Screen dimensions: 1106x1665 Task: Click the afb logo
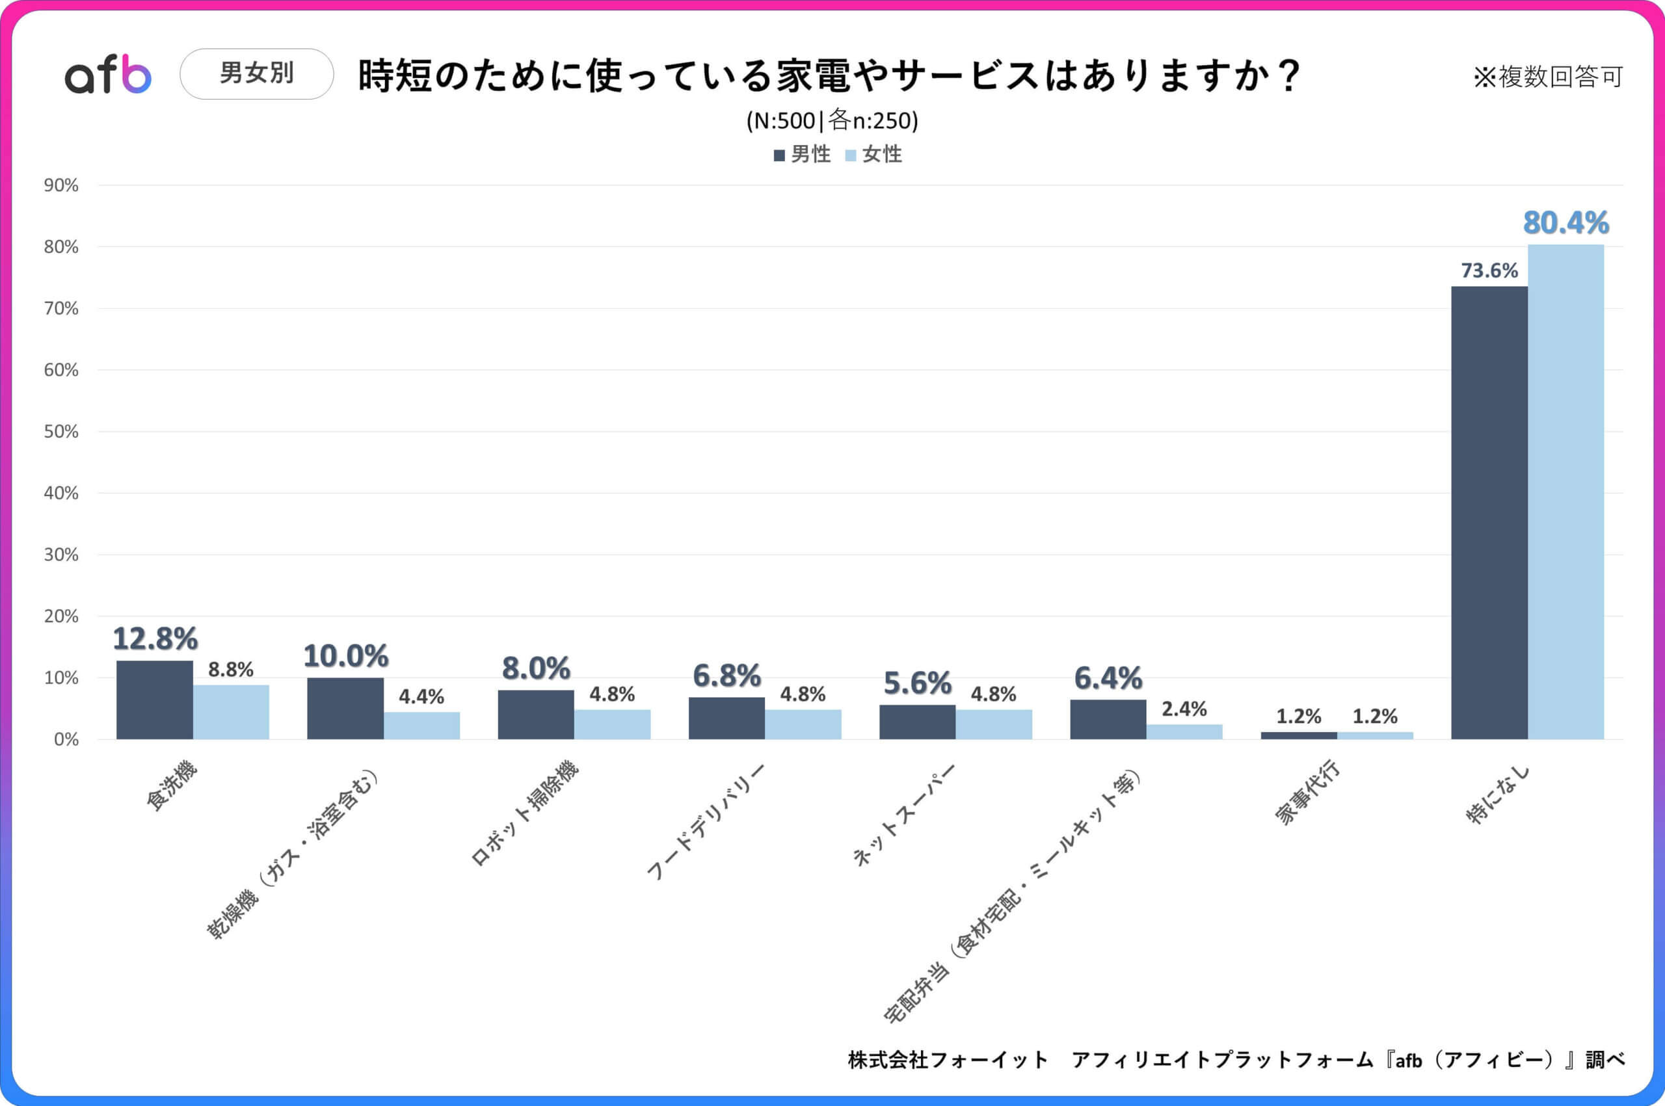coord(108,74)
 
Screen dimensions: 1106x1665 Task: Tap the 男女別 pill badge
coord(256,73)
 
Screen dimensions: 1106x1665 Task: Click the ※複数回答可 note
coord(1548,76)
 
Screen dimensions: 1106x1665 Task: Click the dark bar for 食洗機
coord(155,700)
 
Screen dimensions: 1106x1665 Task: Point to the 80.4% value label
coord(1565,223)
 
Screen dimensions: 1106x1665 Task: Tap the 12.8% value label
coord(155,639)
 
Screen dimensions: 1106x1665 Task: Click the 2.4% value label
coord(1184,709)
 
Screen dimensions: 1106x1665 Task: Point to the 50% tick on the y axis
coord(61,432)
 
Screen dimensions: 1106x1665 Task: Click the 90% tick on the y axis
coord(61,185)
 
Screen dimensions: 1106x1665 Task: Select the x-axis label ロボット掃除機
coord(525,813)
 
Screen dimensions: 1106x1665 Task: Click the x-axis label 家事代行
coord(1307,793)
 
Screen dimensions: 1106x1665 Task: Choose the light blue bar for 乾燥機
coord(422,725)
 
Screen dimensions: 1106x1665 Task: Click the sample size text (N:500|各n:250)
coord(832,121)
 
